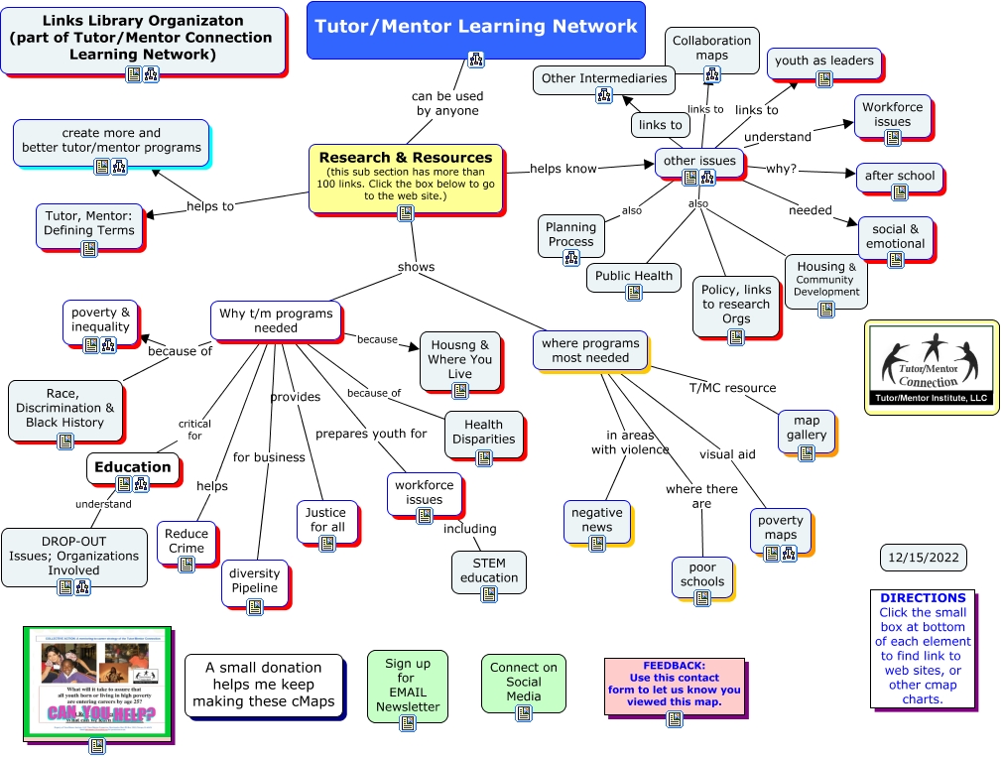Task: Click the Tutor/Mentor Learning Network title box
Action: [475, 27]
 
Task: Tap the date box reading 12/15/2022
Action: [923, 558]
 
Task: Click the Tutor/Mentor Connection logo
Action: [931, 367]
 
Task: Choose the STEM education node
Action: [488, 570]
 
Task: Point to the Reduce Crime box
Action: [187, 541]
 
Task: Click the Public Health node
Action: [634, 276]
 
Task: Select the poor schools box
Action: [701, 574]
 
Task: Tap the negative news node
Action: [596, 520]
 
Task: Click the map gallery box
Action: [806, 428]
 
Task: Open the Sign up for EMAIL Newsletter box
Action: [407, 685]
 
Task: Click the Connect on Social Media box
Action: [523, 682]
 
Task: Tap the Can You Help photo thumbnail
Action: [96, 683]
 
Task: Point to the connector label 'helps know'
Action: [563, 169]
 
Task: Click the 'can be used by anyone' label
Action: [447, 103]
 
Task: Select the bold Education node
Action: [132, 466]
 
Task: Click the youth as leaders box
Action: [823, 62]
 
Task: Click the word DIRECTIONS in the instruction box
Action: [923, 598]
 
